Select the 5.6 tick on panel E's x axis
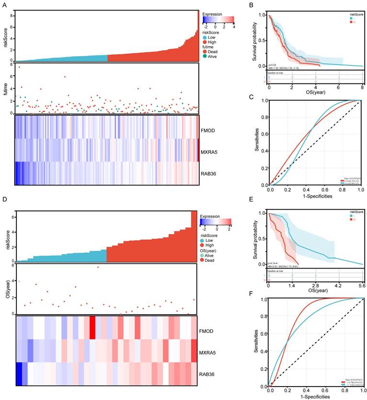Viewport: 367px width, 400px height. coord(362,285)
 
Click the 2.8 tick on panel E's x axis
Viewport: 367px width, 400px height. coord(316,285)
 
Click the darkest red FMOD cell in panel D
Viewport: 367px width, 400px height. coord(92,329)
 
